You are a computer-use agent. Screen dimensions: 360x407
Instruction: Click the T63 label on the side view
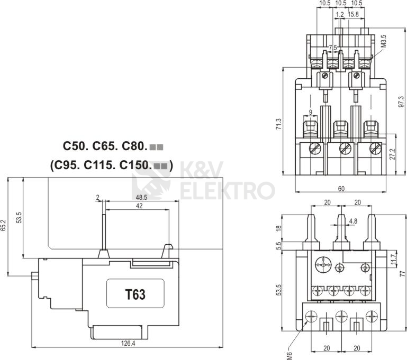134,294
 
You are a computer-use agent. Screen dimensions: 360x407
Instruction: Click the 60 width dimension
341,188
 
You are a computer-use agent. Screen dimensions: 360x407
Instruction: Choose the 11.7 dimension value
392,260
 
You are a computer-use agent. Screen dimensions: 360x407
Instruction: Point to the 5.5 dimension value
279,246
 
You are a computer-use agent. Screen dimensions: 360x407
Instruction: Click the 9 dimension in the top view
310,112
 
